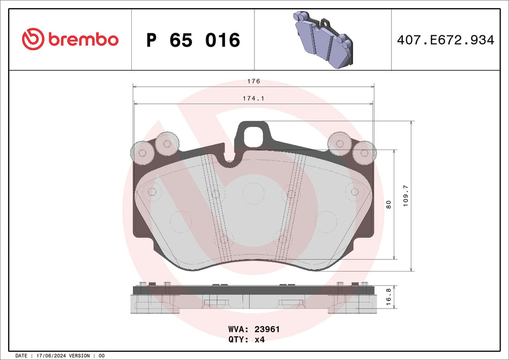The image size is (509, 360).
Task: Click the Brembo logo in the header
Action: click(70, 39)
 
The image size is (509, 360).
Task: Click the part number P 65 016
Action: click(193, 40)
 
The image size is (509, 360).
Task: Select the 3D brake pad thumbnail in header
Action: click(321, 39)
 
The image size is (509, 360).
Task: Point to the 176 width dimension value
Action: click(253, 81)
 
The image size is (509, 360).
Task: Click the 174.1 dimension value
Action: click(253, 99)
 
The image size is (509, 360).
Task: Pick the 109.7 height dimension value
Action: click(405, 196)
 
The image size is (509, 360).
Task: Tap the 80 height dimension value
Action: click(389, 204)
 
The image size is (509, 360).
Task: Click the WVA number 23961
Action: click(266, 329)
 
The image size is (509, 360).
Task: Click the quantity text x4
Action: click(260, 339)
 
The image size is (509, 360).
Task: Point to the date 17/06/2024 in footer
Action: click(54, 356)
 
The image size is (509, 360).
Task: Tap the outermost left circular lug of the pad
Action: click(143, 152)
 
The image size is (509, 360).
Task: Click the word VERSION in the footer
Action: click(80, 356)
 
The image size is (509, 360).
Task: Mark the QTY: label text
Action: click(239, 339)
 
